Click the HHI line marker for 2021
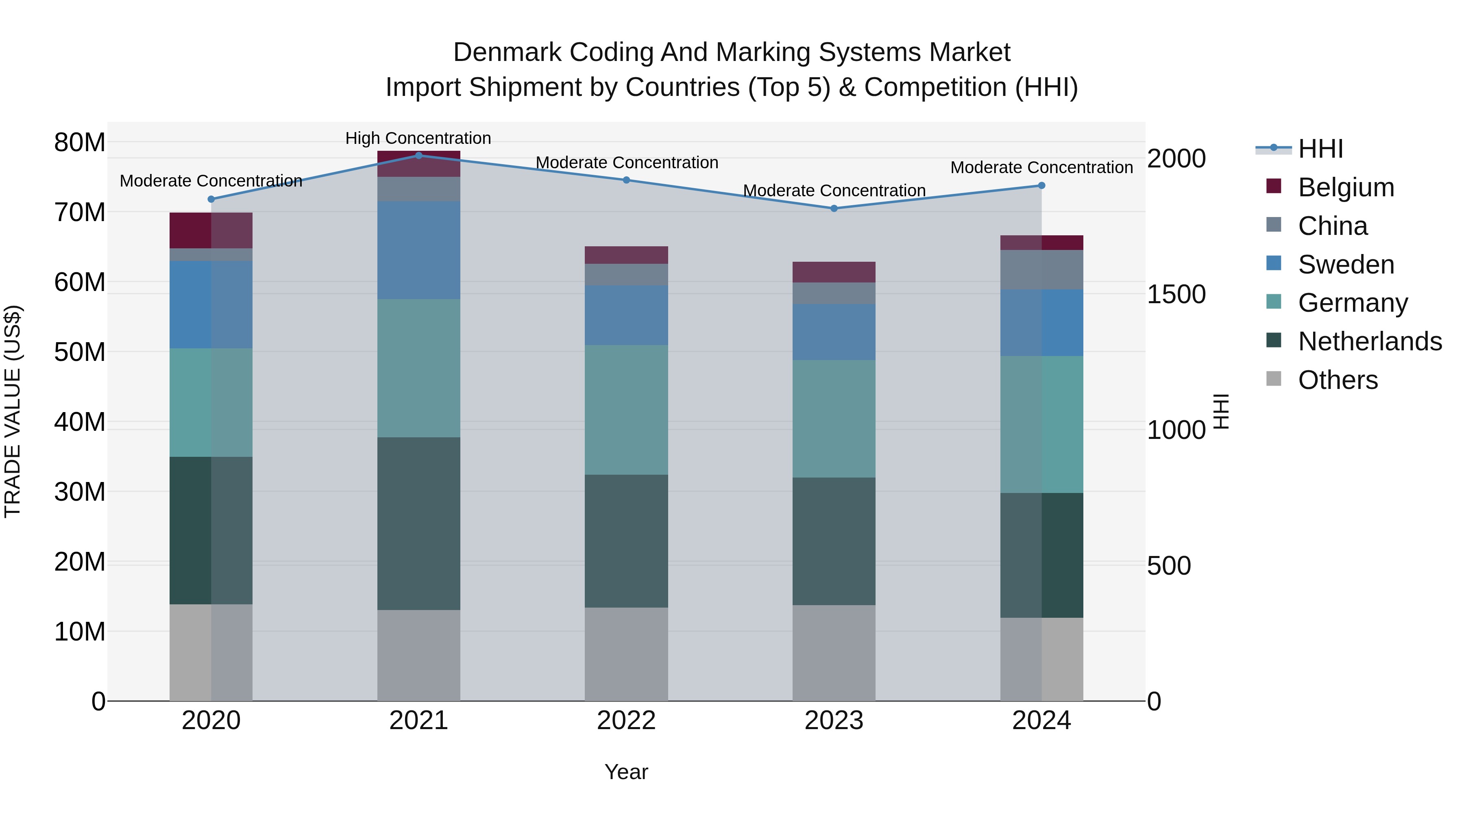point(418,155)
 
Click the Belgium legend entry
point(1346,187)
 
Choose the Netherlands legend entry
point(1370,341)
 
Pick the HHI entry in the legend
point(1320,149)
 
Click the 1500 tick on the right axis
point(1176,294)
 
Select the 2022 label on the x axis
point(626,721)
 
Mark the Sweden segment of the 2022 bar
point(626,315)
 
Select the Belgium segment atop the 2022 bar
point(626,255)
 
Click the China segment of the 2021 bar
point(418,189)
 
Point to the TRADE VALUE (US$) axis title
point(13,411)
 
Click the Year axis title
point(626,772)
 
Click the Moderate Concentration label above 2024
point(1041,167)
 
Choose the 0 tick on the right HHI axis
point(1154,702)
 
